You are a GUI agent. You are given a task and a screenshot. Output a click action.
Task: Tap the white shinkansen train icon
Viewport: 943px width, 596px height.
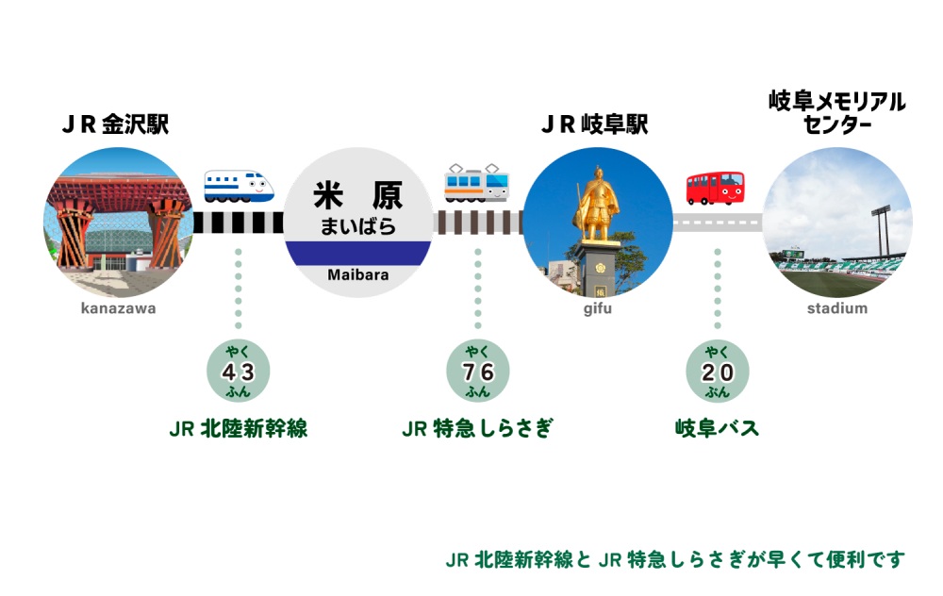(x=240, y=186)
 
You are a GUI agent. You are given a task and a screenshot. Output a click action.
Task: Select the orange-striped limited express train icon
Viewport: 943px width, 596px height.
(x=477, y=183)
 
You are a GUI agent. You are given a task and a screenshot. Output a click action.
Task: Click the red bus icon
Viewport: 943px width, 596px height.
(x=715, y=188)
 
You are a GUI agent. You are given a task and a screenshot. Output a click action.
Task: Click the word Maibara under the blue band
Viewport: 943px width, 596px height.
(x=357, y=275)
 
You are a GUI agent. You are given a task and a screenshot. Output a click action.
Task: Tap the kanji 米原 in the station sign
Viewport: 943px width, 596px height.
(x=357, y=195)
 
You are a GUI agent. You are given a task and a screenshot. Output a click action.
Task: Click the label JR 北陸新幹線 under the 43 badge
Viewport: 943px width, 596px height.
(x=239, y=429)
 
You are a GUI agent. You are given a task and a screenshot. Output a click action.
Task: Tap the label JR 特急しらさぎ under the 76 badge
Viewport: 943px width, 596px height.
(x=477, y=429)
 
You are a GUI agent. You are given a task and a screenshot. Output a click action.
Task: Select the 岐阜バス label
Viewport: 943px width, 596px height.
(x=718, y=429)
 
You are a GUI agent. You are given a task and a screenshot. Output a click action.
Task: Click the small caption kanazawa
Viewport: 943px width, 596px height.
(x=118, y=308)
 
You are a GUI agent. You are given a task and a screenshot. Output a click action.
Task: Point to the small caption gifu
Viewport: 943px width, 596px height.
(x=597, y=308)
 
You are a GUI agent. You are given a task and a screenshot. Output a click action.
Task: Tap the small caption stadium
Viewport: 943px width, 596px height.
(x=837, y=308)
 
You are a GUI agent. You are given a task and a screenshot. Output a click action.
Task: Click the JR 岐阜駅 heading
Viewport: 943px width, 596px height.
(x=595, y=125)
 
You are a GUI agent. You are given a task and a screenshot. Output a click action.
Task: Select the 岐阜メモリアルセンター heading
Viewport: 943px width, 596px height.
(x=837, y=113)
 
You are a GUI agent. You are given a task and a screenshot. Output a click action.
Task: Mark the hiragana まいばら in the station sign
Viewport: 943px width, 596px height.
(x=357, y=226)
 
